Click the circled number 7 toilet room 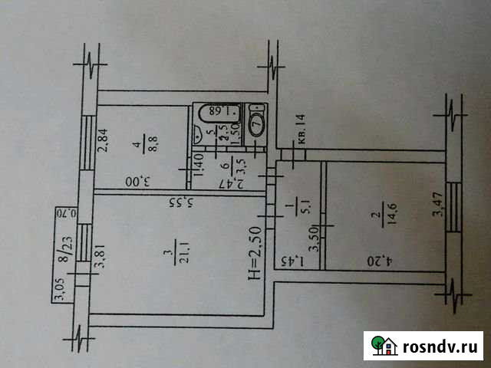tap(258, 123)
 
